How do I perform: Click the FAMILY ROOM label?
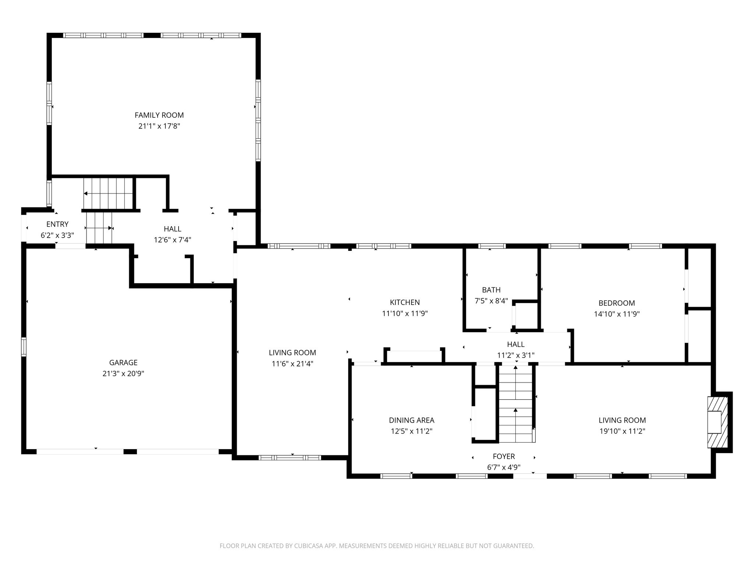[159, 115]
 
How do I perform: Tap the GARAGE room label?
[123, 363]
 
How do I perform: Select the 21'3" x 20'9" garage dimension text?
[123, 374]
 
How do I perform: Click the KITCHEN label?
[405, 302]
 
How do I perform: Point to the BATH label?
[491, 290]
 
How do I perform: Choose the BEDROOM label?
[617, 303]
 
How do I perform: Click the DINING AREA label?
[412, 420]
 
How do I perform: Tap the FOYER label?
[504, 456]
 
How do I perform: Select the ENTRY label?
[57, 224]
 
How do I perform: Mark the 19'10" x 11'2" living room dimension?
[622, 431]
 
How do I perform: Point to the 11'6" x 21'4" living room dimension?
[292, 364]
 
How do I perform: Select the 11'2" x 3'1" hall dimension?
[516, 355]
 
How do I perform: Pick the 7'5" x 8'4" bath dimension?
[491, 301]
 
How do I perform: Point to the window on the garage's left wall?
[24, 347]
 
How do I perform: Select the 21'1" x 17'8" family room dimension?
[159, 126]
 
